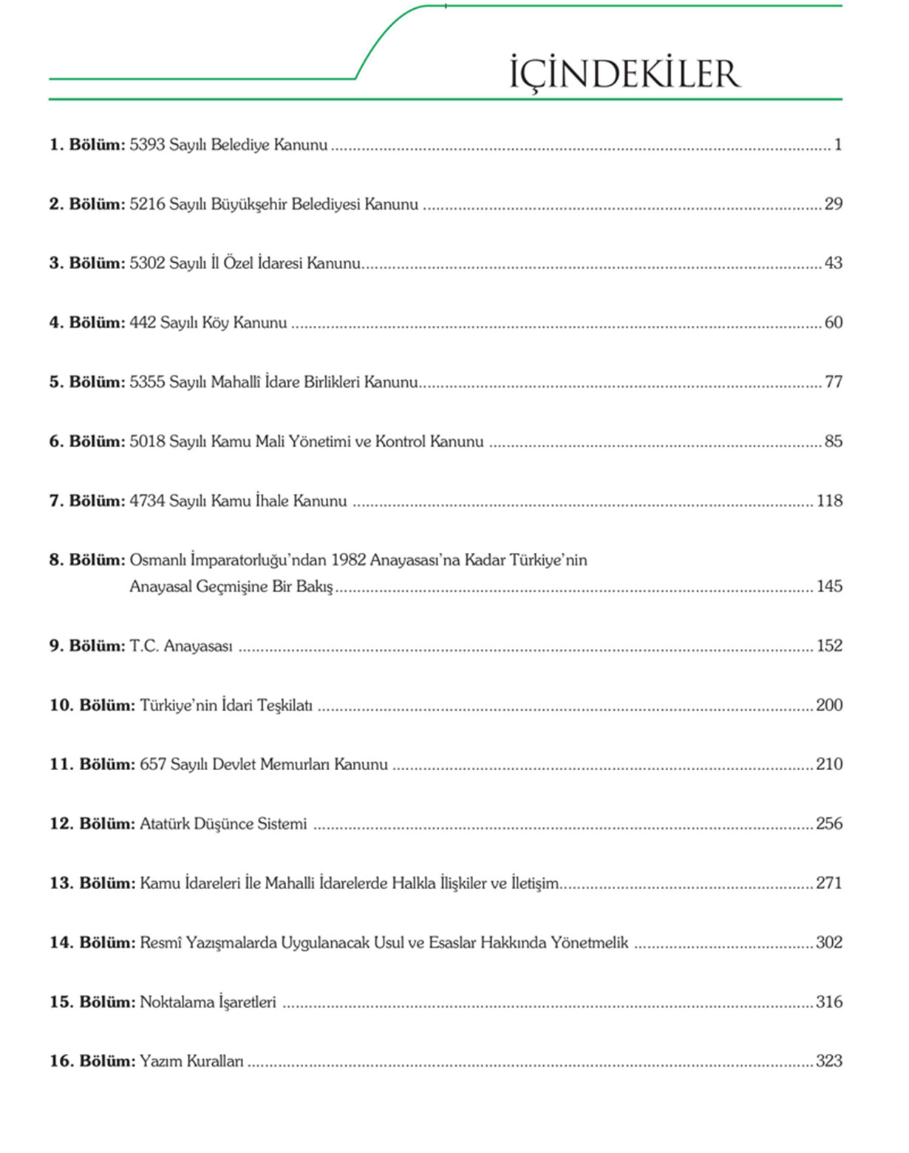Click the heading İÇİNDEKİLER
click(x=624, y=74)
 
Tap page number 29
click(x=833, y=204)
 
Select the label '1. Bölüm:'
click(x=87, y=145)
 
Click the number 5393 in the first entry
click(x=147, y=145)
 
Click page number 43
click(x=833, y=263)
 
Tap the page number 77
click(x=833, y=382)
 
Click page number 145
click(x=829, y=586)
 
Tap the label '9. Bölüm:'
click(x=87, y=646)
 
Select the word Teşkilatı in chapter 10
click(x=285, y=706)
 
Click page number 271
click(x=829, y=883)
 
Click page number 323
click(x=829, y=1061)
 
